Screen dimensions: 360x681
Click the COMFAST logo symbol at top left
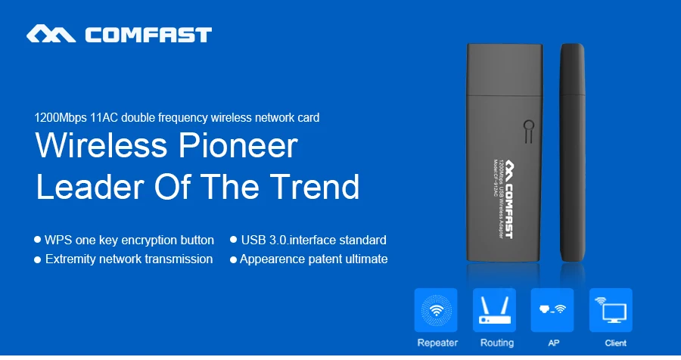click(51, 34)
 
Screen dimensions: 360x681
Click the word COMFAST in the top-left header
click(148, 34)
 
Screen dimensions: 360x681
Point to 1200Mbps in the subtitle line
click(61, 118)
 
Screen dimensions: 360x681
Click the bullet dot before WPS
click(37, 241)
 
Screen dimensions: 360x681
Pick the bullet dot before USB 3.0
click(233, 241)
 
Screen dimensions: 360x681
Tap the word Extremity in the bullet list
click(70, 259)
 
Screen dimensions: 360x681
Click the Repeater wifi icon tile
click(437, 310)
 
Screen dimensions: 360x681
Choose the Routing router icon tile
click(494, 310)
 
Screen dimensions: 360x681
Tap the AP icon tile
click(552, 310)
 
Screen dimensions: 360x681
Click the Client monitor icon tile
click(611, 310)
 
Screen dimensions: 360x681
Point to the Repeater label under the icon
click(437, 343)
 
